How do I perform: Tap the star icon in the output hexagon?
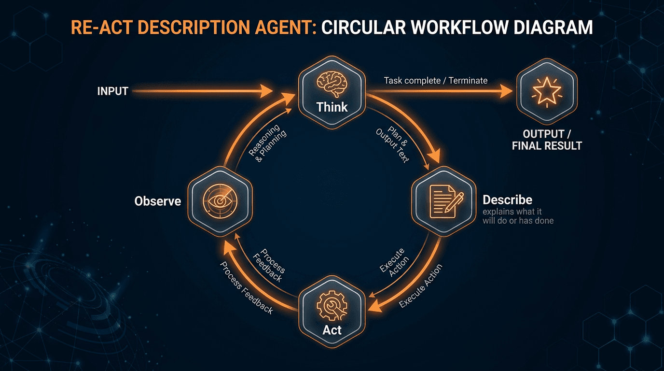(546, 90)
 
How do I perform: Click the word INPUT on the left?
(112, 91)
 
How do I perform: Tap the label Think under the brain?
(332, 107)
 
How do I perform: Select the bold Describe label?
(508, 200)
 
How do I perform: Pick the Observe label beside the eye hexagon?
(158, 200)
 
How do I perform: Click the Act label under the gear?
(332, 330)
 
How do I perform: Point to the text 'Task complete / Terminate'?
(435, 80)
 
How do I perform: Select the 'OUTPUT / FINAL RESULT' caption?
(547, 140)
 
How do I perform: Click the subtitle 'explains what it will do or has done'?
(518, 216)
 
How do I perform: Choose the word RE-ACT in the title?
(99, 27)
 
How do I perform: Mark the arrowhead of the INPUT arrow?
(266, 90)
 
